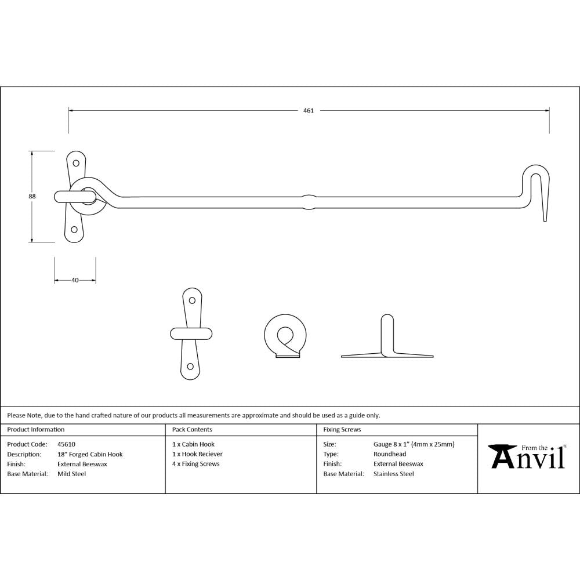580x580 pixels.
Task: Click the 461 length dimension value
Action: (x=308, y=111)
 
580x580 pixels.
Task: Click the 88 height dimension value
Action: (x=32, y=197)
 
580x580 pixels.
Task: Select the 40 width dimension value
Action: (x=75, y=280)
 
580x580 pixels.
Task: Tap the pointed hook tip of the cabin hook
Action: (x=545, y=218)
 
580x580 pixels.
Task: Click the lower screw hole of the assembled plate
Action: (x=74, y=230)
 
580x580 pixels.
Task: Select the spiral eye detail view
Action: (x=282, y=336)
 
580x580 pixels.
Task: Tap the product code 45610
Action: (x=66, y=444)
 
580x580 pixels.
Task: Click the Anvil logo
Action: (x=528, y=456)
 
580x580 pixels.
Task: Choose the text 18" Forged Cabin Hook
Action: (x=90, y=454)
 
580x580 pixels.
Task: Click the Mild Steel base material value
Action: (x=71, y=474)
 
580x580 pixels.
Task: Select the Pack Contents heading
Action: (x=192, y=430)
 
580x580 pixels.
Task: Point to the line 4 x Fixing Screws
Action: (x=195, y=464)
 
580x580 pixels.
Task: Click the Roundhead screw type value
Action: (x=390, y=454)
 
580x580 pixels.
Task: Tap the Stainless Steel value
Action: (x=394, y=474)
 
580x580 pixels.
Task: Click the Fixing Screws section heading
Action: (x=342, y=430)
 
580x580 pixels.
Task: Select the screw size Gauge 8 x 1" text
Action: (x=414, y=444)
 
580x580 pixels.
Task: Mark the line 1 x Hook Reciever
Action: (x=197, y=454)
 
